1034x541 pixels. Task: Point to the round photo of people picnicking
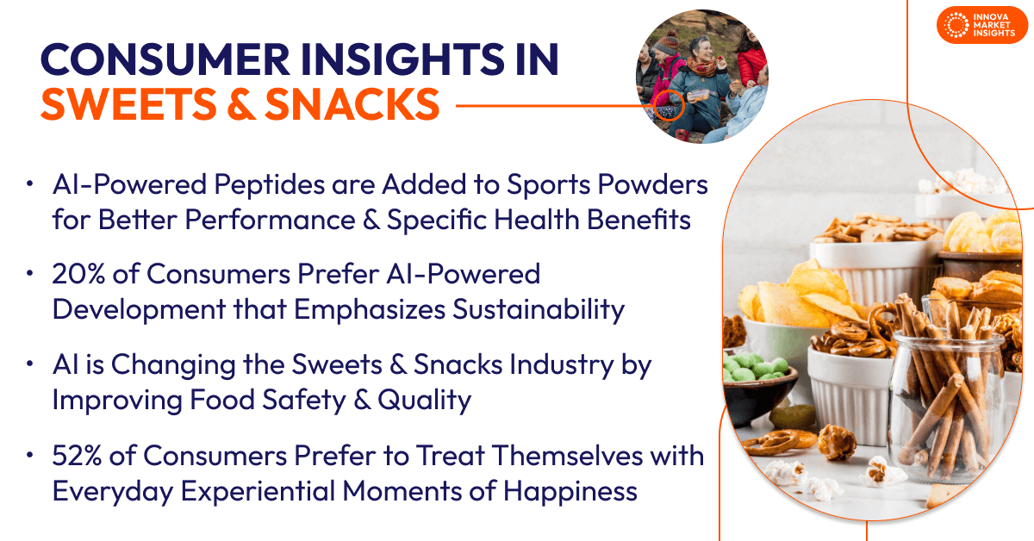tap(701, 78)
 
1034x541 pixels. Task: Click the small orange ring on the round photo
tap(669, 107)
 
